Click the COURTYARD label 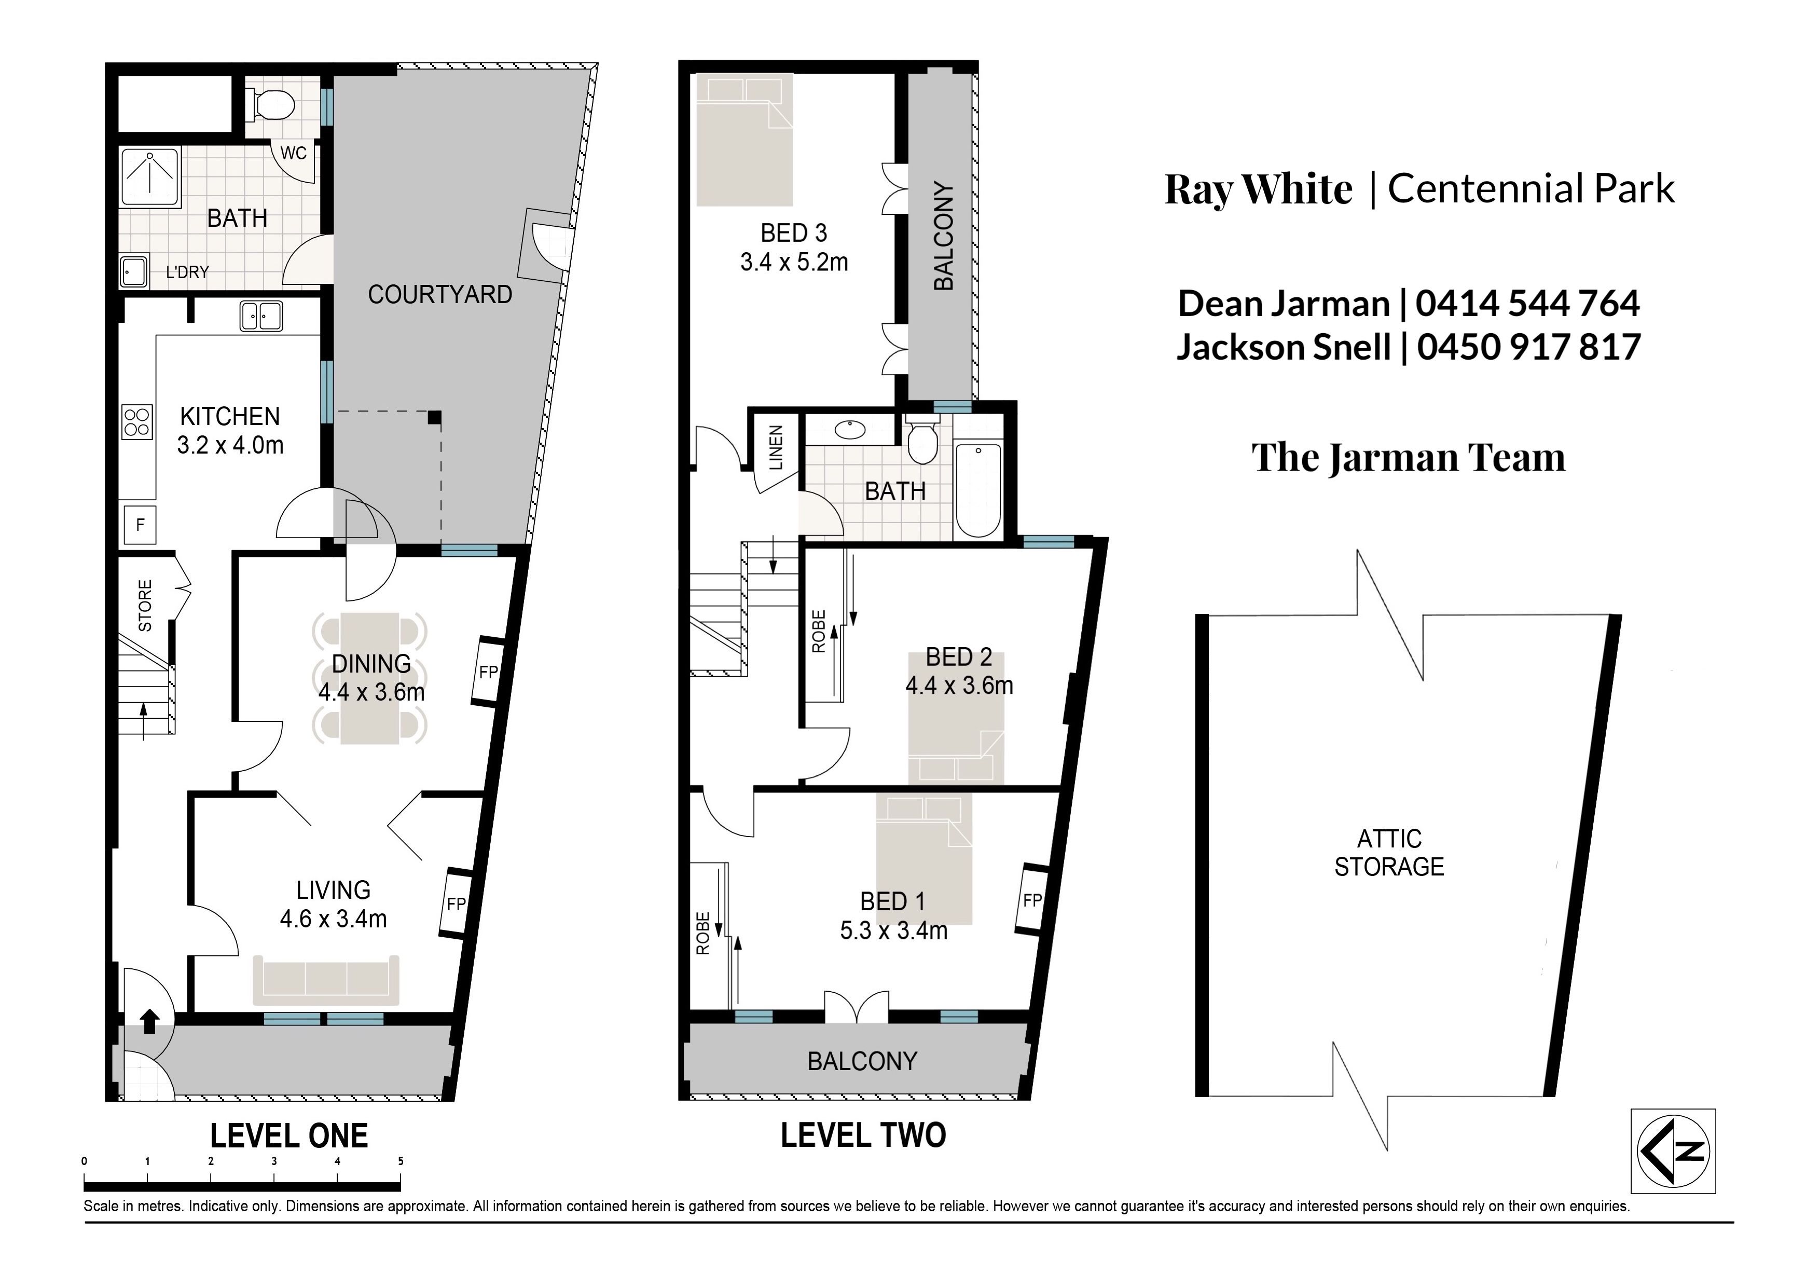[440, 295]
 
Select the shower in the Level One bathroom [150, 182]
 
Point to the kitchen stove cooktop [136, 421]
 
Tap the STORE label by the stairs [145, 606]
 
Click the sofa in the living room [326, 980]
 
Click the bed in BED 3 [744, 140]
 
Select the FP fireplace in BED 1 [1030, 899]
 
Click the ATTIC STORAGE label [1389, 853]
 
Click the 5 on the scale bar [401, 1161]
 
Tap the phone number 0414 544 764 [1527, 303]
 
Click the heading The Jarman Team [1409, 458]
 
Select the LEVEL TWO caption [863, 1135]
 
